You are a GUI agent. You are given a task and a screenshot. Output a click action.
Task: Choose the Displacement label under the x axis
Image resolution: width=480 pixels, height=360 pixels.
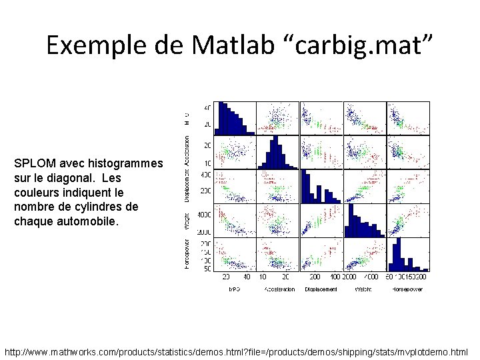[x=321, y=289]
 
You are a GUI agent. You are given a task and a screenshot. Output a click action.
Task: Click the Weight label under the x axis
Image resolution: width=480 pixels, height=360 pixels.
[x=364, y=289]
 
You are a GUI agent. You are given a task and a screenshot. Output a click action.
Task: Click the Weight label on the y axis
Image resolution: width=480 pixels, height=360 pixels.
[x=187, y=226]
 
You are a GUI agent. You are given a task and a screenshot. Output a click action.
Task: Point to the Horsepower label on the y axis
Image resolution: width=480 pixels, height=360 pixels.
[x=187, y=255]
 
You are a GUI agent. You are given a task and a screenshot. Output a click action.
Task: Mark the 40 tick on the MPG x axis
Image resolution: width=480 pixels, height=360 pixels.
[x=247, y=277]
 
